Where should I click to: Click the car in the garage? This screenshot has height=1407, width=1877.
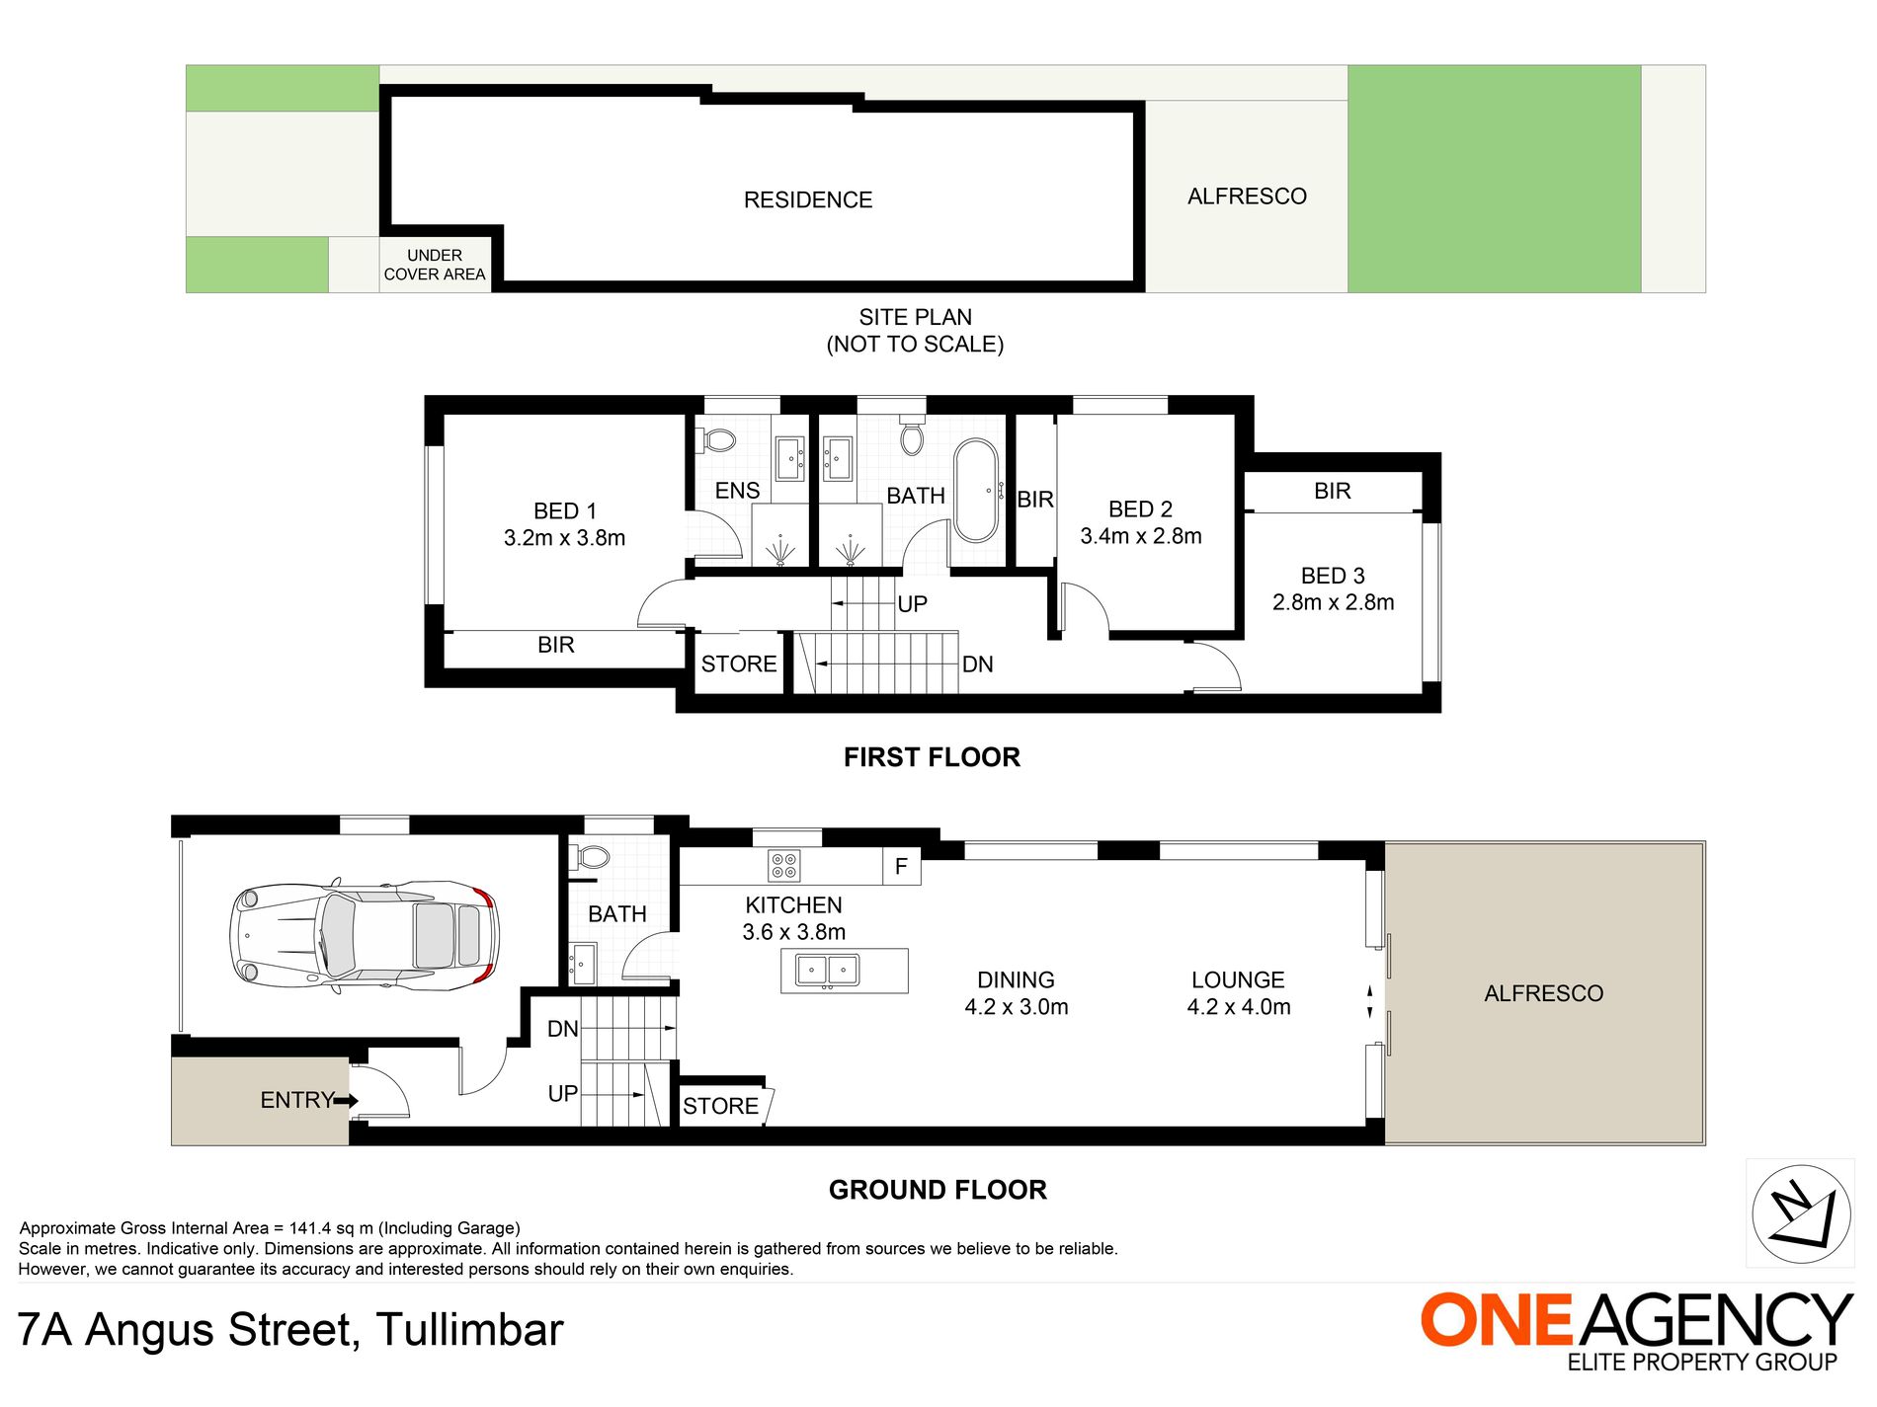[x=365, y=936]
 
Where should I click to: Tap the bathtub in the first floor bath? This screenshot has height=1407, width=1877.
[x=976, y=491]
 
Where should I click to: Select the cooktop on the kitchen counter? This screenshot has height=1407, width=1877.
[x=784, y=866]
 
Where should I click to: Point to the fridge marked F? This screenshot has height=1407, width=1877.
[x=902, y=866]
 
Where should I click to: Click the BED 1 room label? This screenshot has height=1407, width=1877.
[x=565, y=511]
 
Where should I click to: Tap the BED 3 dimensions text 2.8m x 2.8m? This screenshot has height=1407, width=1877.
[x=1334, y=602]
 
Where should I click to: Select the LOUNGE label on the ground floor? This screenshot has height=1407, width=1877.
[x=1238, y=979]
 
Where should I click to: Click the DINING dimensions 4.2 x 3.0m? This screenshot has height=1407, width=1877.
[x=1017, y=1007]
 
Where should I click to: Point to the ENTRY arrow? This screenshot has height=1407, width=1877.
[x=346, y=1100]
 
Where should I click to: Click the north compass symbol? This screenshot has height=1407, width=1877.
[x=1801, y=1213]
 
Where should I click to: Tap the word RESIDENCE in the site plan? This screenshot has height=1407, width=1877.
[x=808, y=200]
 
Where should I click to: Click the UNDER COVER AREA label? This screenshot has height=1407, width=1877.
[x=435, y=265]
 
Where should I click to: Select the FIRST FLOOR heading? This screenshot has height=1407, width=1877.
[x=932, y=757]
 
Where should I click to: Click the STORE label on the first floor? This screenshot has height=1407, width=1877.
[x=739, y=664]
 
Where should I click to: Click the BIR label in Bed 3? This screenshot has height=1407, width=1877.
[x=1333, y=491]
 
